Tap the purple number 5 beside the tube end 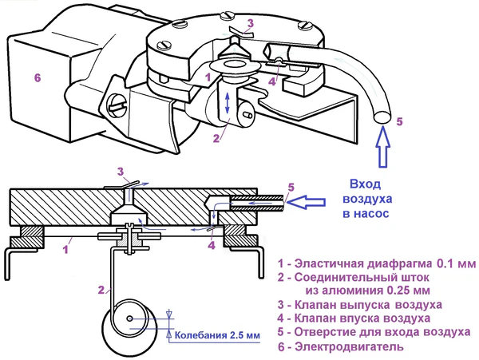click(x=400, y=122)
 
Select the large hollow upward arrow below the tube click(x=382, y=147)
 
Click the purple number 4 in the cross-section click(x=211, y=246)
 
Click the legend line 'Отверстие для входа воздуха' click(x=373, y=333)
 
